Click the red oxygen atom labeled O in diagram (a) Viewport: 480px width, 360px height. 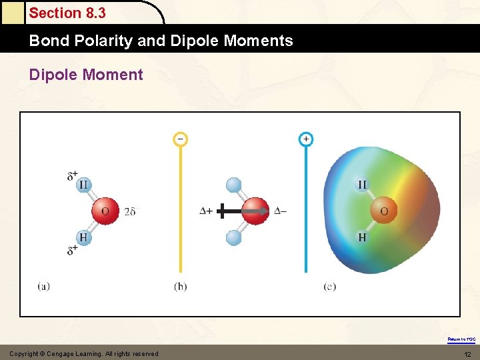click(x=105, y=211)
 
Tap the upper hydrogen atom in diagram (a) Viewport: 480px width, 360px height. click(x=83, y=185)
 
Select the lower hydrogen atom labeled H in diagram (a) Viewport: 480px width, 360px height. click(x=83, y=237)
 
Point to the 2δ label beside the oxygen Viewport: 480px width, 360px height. click(x=130, y=212)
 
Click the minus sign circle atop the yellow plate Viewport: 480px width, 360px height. click(x=180, y=139)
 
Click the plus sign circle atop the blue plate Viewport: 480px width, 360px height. click(x=305, y=139)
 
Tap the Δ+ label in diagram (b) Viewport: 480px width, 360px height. click(x=206, y=211)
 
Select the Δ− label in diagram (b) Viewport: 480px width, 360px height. click(x=281, y=211)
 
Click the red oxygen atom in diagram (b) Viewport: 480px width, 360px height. click(x=255, y=211)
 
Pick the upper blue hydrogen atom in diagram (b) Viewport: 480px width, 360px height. click(x=233, y=185)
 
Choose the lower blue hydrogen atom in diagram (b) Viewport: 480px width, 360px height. click(x=233, y=237)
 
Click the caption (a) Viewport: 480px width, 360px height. click(x=43, y=287)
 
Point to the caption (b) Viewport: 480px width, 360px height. click(x=181, y=287)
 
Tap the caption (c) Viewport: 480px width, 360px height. click(x=329, y=287)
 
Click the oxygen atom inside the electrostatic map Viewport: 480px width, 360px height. click(x=383, y=211)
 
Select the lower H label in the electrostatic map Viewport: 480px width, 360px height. click(x=362, y=237)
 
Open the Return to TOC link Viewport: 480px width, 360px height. click(x=461, y=339)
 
